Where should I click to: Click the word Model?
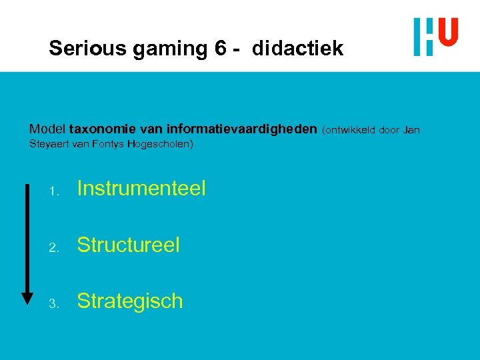coord(47,129)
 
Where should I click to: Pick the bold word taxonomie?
coord(101,129)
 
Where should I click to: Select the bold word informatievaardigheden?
coord(242,129)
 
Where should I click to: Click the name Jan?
coord(411,129)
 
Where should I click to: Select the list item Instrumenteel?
coord(141,189)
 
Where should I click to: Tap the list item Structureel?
coord(129,245)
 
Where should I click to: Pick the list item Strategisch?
coord(130,301)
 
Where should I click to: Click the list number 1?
coord(55,191)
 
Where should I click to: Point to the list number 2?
coord(55,247)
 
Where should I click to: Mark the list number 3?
coord(55,303)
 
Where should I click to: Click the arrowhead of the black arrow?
coord(27,297)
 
